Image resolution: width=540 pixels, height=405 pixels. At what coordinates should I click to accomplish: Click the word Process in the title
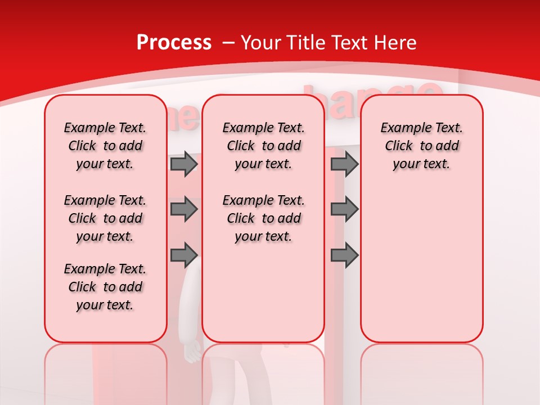(174, 43)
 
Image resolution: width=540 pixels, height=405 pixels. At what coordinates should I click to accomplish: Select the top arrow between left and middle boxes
(183, 164)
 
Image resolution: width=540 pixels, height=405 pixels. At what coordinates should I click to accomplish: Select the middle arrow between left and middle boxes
(183, 209)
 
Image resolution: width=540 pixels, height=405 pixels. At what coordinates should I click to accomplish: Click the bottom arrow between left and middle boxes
(183, 255)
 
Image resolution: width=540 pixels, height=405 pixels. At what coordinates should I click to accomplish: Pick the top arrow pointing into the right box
(344, 164)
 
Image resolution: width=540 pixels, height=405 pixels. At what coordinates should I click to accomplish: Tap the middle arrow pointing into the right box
(344, 209)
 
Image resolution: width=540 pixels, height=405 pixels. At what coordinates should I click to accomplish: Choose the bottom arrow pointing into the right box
(344, 255)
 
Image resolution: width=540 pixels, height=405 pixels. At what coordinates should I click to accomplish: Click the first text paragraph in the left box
(105, 146)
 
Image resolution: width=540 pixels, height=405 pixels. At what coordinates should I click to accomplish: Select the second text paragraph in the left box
(105, 218)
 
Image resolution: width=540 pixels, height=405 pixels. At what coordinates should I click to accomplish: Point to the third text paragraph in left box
(105, 287)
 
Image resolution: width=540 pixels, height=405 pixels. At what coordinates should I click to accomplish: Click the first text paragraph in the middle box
(263, 146)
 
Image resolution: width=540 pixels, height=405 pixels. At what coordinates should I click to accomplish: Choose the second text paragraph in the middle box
(263, 218)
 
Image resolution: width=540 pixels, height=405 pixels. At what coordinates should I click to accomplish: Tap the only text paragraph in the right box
(421, 146)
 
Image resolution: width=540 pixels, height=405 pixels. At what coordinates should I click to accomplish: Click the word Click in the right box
(399, 146)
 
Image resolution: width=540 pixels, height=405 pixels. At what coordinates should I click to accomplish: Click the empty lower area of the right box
(421, 270)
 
